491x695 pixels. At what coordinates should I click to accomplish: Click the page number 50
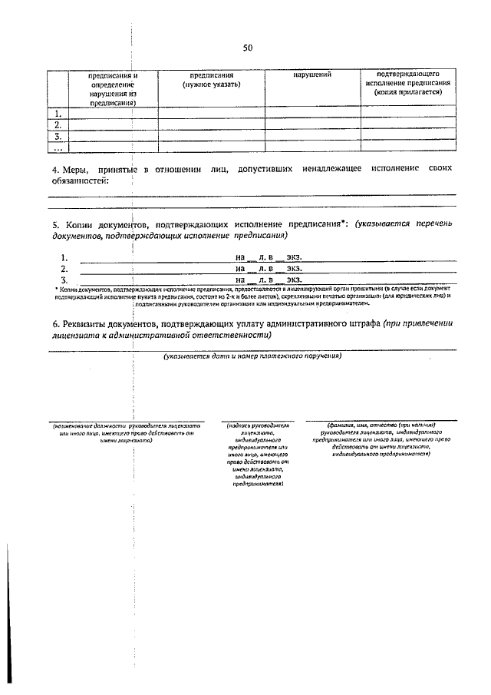[x=247, y=48]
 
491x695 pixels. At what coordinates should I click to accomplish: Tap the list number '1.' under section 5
[x=64, y=258]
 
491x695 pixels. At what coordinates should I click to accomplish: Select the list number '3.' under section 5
[x=64, y=280]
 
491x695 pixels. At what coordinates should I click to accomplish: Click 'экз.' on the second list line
[x=295, y=270]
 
